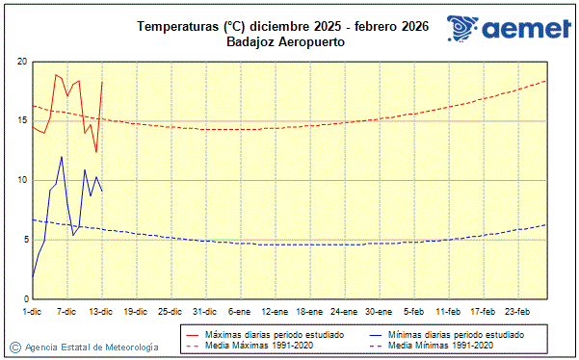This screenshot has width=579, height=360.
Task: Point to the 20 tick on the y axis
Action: click(20, 62)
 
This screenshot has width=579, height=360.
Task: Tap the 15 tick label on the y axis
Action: click(20, 120)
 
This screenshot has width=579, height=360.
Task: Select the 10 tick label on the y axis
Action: click(20, 180)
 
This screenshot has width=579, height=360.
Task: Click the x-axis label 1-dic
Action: click(32, 312)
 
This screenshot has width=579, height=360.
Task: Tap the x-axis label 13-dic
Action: click(101, 312)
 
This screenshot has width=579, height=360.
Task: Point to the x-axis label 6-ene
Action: click(240, 312)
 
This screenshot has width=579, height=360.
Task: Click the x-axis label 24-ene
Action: click(344, 312)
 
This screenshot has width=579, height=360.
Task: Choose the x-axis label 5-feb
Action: click(413, 312)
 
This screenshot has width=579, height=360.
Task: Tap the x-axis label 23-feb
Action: click(517, 312)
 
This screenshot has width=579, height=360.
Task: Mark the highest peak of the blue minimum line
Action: click(62, 157)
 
